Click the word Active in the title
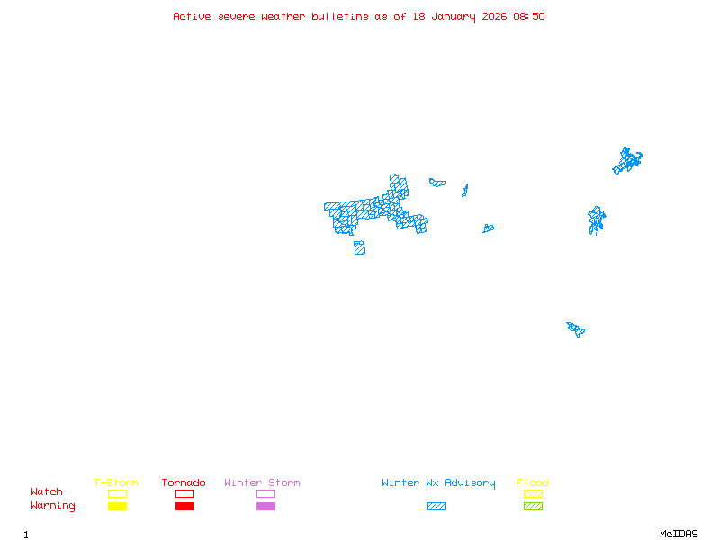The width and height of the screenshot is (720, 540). coord(193,16)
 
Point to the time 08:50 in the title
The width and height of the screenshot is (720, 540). coord(529,16)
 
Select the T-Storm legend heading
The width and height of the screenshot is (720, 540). coord(116,483)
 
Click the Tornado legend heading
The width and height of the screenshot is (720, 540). coord(184,483)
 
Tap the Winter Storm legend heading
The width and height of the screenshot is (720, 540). coord(262,483)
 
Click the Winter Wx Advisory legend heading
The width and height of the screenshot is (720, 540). coord(438,483)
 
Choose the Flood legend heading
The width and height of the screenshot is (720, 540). coord(533,483)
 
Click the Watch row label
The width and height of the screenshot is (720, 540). coord(47,492)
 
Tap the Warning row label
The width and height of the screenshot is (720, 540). coord(53,506)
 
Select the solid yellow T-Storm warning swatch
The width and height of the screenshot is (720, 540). coord(117,507)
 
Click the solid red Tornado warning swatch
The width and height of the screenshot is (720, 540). coord(184,507)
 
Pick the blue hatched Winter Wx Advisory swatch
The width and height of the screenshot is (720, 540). coord(436,507)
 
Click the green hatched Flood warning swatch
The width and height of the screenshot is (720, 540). coord(533,507)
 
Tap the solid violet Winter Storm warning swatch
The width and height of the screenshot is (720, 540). coord(265,507)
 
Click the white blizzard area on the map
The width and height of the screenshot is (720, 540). coord(370,205)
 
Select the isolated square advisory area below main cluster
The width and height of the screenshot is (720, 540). coord(359,247)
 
